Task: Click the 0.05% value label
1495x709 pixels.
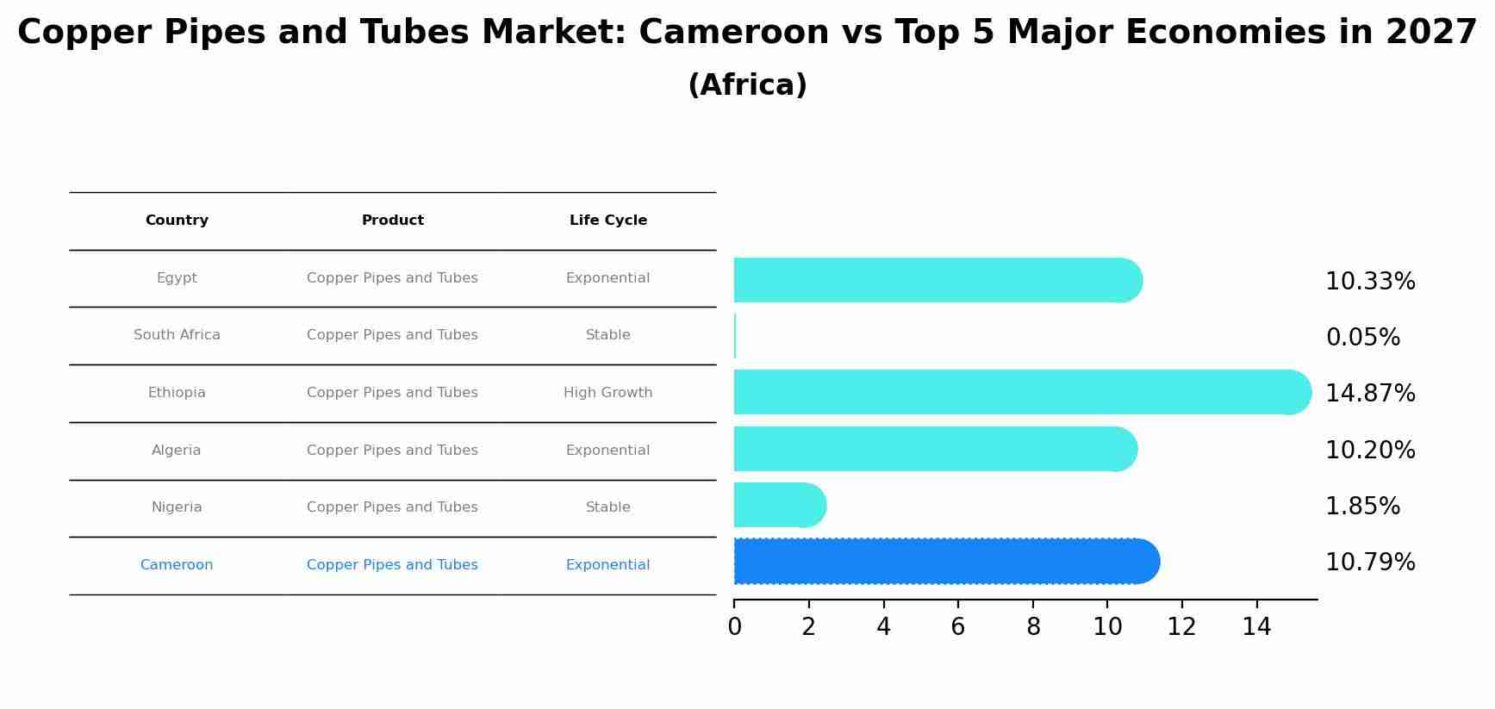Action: [x=1362, y=338]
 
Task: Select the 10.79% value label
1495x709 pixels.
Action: [x=1370, y=563]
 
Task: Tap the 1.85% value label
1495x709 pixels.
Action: [x=1362, y=507]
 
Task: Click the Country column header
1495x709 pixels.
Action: [x=177, y=221]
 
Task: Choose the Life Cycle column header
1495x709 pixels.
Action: [x=607, y=221]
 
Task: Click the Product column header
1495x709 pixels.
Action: [x=392, y=221]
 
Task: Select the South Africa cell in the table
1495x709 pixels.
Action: [x=177, y=335]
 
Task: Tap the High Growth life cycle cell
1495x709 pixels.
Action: [x=607, y=393]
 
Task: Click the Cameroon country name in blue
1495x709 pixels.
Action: [x=177, y=565]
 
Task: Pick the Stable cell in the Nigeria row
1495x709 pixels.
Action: [x=607, y=507]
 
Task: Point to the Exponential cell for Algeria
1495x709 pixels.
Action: [x=607, y=451]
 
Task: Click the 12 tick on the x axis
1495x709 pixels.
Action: [x=1181, y=627]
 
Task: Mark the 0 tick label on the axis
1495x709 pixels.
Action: [x=734, y=627]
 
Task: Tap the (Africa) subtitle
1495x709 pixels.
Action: [x=747, y=85]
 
